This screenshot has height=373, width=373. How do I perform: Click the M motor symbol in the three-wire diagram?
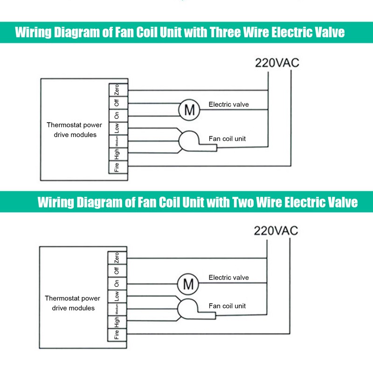click(189, 110)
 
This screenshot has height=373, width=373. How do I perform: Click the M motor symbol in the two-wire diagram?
click(188, 283)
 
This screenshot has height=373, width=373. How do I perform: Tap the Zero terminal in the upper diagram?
click(117, 90)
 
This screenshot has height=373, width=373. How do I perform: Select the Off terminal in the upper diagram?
click(117, 103)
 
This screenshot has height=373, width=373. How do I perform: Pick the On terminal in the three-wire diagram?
click(117, 115)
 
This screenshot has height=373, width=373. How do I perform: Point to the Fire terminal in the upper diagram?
click(117, 166)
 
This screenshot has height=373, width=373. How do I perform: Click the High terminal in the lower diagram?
click(117, 322)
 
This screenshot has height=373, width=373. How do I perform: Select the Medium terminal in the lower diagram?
click(117, 309)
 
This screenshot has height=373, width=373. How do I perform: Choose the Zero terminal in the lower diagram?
click(117, 257)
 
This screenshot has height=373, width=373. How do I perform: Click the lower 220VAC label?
click(276, 230)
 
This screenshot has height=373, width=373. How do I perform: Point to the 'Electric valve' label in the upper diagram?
click(228, 104)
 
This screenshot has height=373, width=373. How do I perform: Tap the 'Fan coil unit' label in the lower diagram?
click(227, 306)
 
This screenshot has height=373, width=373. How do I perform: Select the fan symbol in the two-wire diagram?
click(187, 309)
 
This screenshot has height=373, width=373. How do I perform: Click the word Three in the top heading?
click(226, 32)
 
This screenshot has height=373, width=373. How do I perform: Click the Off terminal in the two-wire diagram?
click(117, 270)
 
